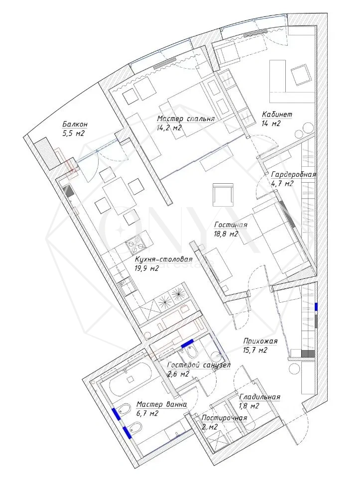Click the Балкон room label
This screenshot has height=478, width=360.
75,124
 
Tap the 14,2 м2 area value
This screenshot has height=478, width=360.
169,128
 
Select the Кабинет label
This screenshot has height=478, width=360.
277,115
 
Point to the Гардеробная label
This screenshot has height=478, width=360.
293,175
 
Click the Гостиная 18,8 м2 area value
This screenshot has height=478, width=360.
226,235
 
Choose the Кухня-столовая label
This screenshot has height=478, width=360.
163,259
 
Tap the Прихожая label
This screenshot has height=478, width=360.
260,341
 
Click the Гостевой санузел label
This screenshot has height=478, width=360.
199,365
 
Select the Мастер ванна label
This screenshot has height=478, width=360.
161,404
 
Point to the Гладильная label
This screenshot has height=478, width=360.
260,397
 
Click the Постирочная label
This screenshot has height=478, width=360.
225,418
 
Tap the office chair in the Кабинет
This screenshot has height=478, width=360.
301,75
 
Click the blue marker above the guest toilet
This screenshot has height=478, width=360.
188,344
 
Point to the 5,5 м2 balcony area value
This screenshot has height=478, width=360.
74,133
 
